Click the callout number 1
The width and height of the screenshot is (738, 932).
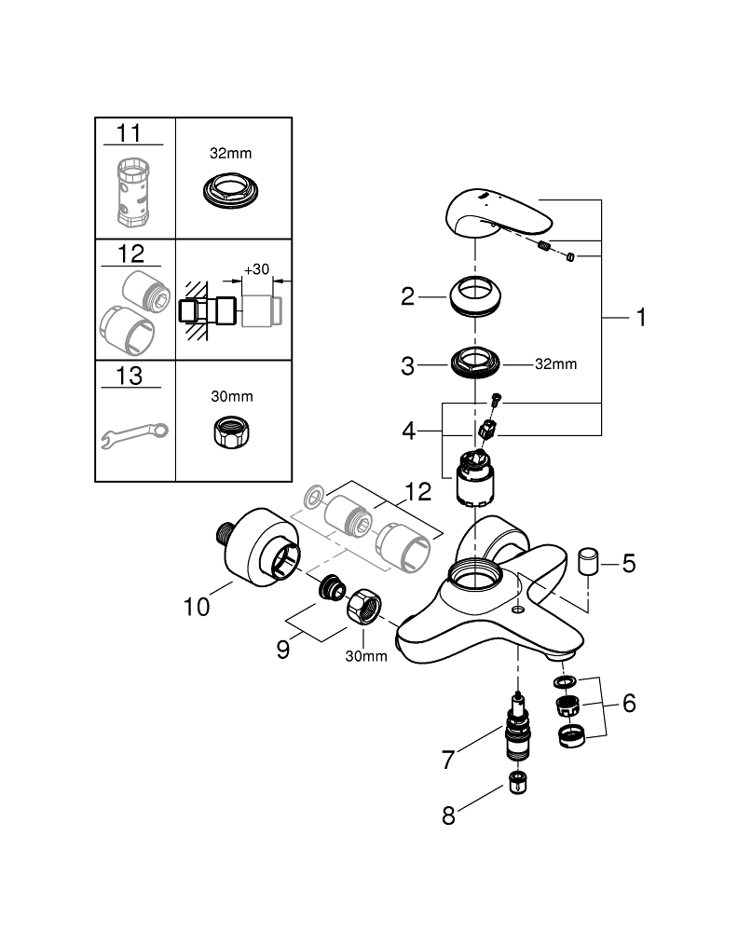click(640, 318)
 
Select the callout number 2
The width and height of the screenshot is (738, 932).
click(407, 297)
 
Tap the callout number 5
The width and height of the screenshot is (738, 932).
click(628, 564)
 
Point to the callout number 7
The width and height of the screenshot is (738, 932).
click(448, 760)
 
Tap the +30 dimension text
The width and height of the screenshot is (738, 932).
click(256, 269)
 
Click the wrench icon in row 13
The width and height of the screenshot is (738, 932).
click(134, 432)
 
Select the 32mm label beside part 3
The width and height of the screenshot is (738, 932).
click(555, 364)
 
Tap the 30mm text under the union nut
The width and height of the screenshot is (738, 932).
click(366, 656)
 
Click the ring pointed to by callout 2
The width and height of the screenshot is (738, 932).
click(475, 295)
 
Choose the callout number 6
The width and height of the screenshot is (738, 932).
click(628, 703)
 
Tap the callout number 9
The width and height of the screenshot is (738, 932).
click(283, 649)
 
